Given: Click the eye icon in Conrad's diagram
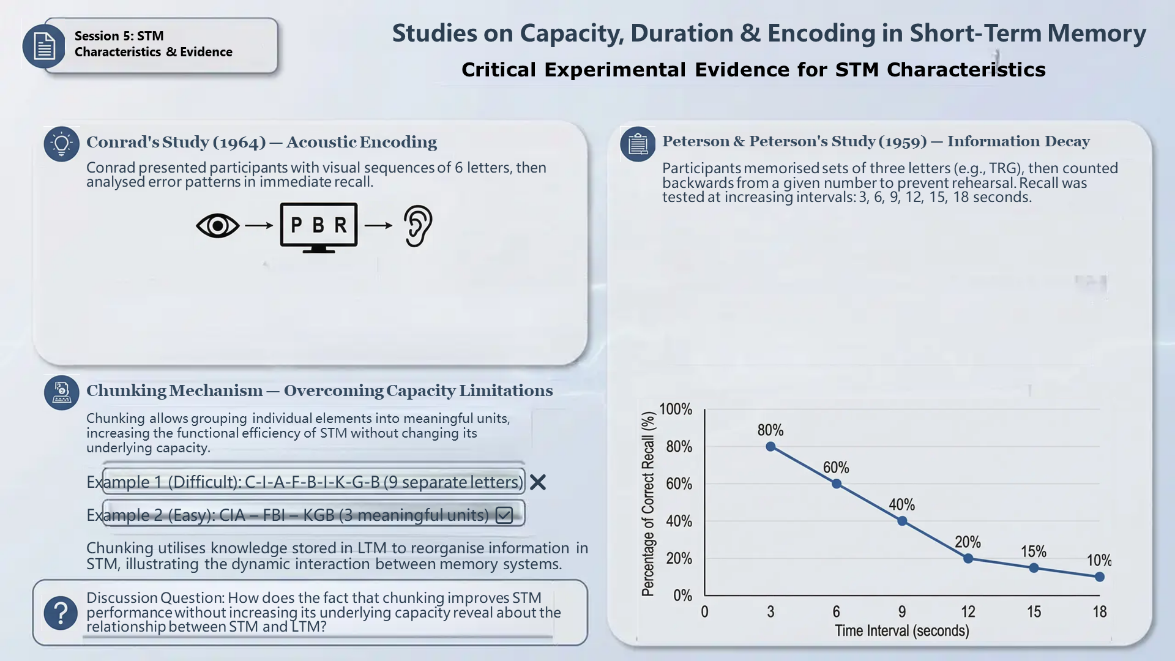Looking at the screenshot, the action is (x=217, y=226).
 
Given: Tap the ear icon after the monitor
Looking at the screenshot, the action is (x=419, y=226).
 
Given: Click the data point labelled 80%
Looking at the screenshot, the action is (x=770, y=447).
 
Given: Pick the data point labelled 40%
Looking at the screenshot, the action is (x=902, y=521).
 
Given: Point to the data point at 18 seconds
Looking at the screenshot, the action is (x=1100, y=577).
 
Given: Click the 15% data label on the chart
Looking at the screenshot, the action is (x=1034, y=551).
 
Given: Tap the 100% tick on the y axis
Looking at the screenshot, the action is (x=676, y=409).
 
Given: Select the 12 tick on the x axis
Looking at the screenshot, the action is (x=968, y=611).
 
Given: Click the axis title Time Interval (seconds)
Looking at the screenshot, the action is (x=902, y=630).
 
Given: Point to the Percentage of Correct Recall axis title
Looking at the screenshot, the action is (x=648, y=503).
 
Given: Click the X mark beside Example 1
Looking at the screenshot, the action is (x=538, y=482).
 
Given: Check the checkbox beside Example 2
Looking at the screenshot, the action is (x=504, y=515).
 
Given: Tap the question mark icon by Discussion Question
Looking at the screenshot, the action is (x=61, y=613).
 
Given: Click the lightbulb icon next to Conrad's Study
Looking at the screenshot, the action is (x=61, y=144).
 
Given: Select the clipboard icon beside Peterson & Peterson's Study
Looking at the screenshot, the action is (x=638, y=144).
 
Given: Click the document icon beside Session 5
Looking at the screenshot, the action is (x=44, y=46).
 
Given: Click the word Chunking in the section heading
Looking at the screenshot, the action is (x=126, y=391).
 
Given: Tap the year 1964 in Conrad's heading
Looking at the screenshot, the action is (x=239, y=143).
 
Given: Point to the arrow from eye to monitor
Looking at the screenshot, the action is (x=259, y=226).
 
